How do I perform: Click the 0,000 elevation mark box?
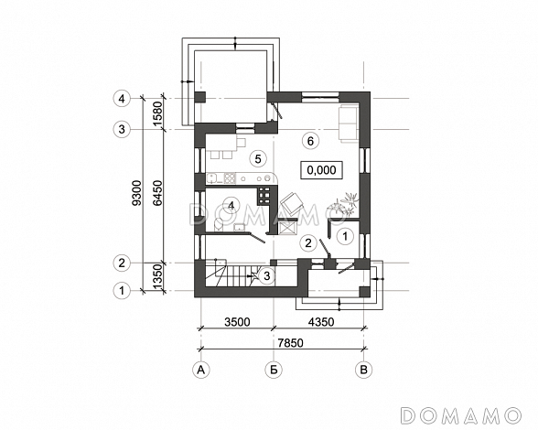(321, 170)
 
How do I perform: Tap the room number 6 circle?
(310, 141)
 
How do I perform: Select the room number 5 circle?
(258, 158)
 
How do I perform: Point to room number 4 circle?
(231, 205)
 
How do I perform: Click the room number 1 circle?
(345, 236)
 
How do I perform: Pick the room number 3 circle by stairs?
(267, 275)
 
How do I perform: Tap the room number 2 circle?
(308, 243)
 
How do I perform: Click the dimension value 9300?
(137, 193)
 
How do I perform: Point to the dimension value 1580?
(157, 113)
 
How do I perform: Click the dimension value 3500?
(237, 322)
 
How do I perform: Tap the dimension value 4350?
(320, 322)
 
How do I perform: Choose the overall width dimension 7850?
(291, 342)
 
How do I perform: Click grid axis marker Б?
(274, 370)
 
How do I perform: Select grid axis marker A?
(201, 370)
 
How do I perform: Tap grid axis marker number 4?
(122, 99)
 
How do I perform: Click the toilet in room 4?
(217, 225)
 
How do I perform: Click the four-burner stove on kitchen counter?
(230, 177)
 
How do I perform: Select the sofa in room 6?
(349, 123)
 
